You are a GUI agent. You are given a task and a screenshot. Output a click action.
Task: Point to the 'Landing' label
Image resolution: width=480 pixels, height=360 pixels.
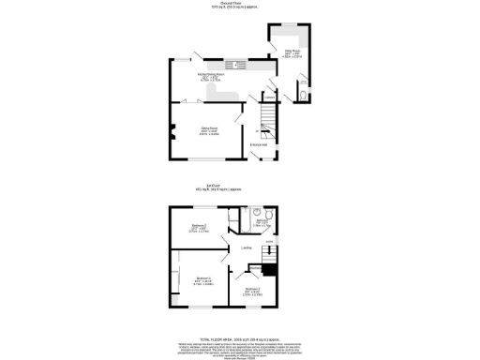click(x=246, y=247)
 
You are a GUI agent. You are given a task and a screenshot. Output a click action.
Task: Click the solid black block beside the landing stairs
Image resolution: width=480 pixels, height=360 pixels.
click(x=268, y=271)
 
